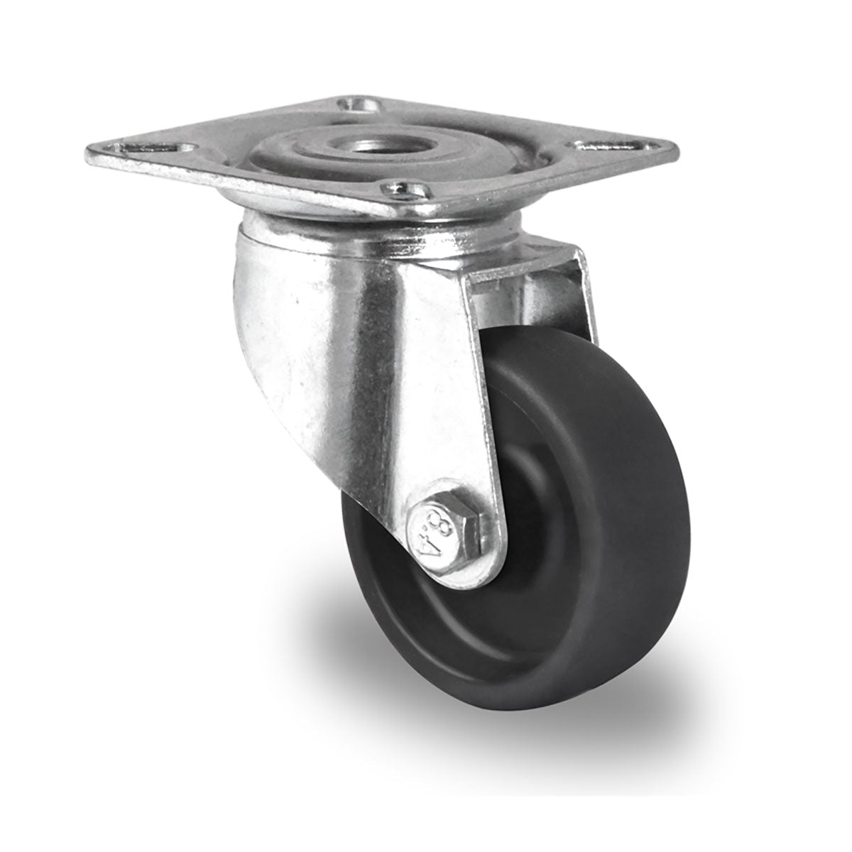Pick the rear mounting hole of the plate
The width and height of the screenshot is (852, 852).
pyautogui.click(x=359, y=106)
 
